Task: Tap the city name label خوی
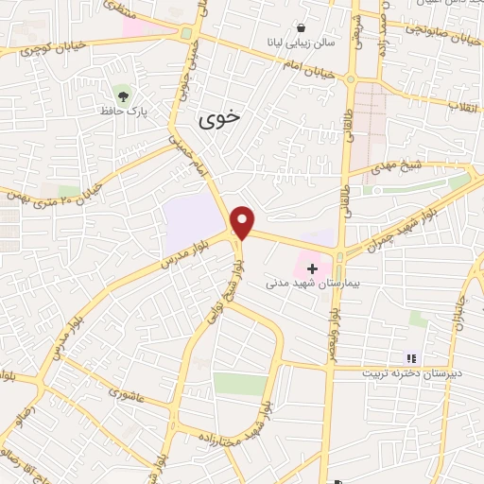point(219,119)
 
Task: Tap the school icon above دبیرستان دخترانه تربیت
point(410,358)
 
